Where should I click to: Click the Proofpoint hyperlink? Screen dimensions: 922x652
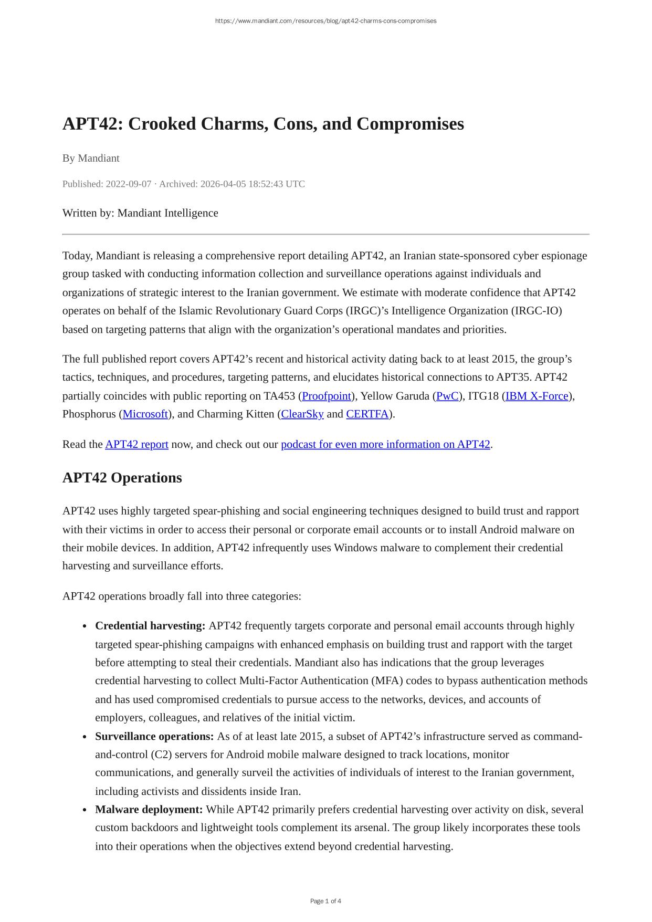(x=326, y=396)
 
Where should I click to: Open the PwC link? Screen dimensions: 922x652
(x=447, y=396)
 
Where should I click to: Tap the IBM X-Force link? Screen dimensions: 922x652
(x=537, y=396)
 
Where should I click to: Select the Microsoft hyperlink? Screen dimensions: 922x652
(x=145, y=414)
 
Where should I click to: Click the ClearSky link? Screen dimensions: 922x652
(x=302, y=414)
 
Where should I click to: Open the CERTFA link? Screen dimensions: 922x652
(x=367, y=414)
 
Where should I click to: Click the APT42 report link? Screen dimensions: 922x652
(x=136, y=445)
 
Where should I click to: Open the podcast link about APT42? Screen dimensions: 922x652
(x=385, y=445)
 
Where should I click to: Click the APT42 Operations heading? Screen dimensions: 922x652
(x=122, y=478)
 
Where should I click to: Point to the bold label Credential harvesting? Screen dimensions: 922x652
(x=150, y=626)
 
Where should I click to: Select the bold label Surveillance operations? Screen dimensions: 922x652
(x=154, y=736)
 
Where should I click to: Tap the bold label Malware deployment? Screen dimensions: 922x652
(x=149, y=810)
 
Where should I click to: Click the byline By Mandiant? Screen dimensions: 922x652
(x=91, y=158)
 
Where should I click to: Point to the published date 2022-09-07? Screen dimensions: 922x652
(x=129, y=184)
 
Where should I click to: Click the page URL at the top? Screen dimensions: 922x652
(x=325, y=21)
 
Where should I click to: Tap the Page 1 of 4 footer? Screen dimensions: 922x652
(x=325, y=902)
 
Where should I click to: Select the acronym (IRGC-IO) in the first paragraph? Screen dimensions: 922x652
(x=536, y=311)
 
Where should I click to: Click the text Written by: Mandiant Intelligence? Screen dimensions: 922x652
(x=140, y=213)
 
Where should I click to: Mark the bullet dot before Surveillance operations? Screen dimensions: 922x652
(x=85, y=737)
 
